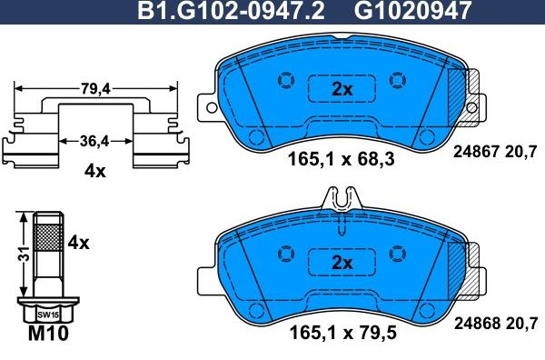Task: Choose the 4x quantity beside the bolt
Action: [79, 243]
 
